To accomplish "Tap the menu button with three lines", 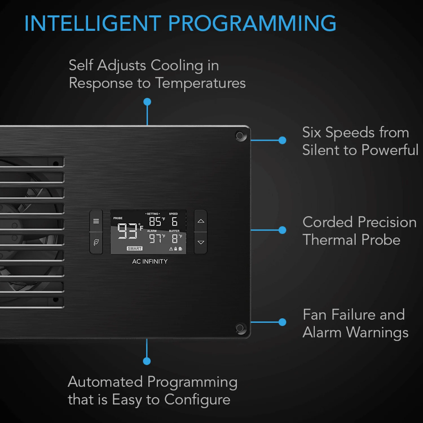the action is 96,221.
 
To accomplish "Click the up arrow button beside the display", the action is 201,221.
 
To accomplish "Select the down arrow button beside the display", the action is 201,243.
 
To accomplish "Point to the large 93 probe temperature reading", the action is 127,231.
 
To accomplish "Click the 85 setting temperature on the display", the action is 155,222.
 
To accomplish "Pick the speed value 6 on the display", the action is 175,222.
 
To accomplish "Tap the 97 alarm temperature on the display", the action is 155,239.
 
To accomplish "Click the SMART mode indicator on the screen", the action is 135,248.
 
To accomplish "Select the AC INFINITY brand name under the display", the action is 150,261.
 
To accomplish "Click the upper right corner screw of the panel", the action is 240,136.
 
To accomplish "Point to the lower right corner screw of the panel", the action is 240,328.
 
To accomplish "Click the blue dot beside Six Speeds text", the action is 282,140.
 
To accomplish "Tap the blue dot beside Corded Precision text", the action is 282,230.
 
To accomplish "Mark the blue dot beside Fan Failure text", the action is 282,322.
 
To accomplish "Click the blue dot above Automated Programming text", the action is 147,361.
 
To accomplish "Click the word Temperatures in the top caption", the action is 201,83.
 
